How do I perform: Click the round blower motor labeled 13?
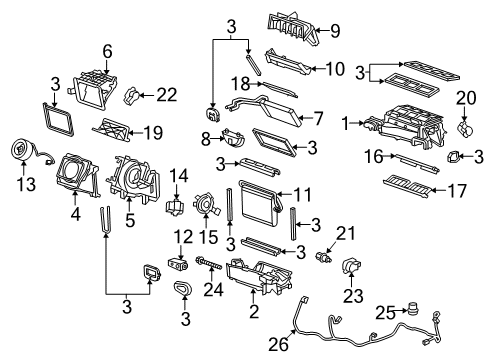pyautogui.click(x=19, y=150)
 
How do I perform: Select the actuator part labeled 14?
pyautogui.click(x=178, y=208)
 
